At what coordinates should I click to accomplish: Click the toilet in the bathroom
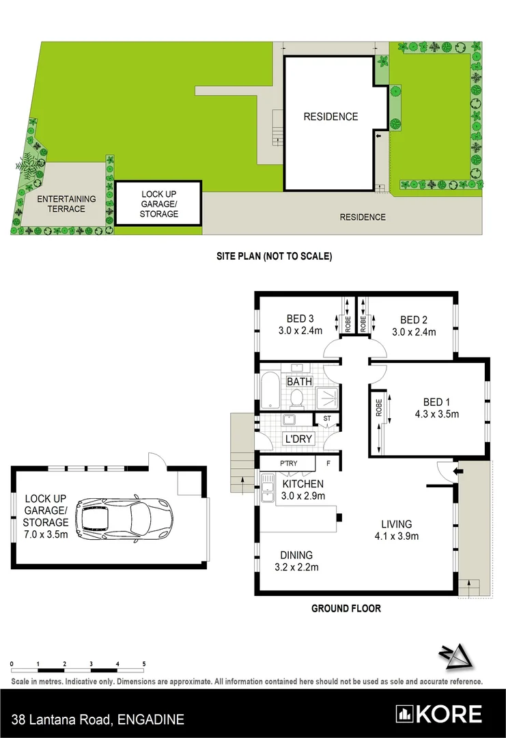point(296,397)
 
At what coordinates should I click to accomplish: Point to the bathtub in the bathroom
point(268,394)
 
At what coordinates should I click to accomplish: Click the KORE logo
point(440,715)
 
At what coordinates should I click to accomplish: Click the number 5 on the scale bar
point(144,664)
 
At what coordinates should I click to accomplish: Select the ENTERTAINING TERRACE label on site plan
point(66,204)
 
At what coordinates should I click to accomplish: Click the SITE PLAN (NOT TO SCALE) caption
point(274,257)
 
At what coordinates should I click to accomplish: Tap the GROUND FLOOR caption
point(346,608)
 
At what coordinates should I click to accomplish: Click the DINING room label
point(296,555)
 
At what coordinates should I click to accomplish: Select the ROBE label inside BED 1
point(378,408)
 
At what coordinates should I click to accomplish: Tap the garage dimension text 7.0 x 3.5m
point(46,534)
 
